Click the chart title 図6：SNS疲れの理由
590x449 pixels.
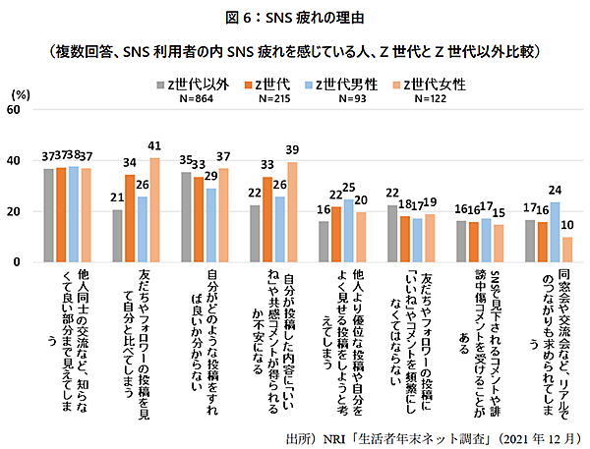(295, 18)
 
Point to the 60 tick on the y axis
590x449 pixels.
(14, 110)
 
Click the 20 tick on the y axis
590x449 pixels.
(14, 212)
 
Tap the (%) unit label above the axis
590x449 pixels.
(20, 92)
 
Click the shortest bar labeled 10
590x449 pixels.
(565, 250)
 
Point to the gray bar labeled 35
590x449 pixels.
(187, 217)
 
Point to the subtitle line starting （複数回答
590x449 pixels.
(295, 48)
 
